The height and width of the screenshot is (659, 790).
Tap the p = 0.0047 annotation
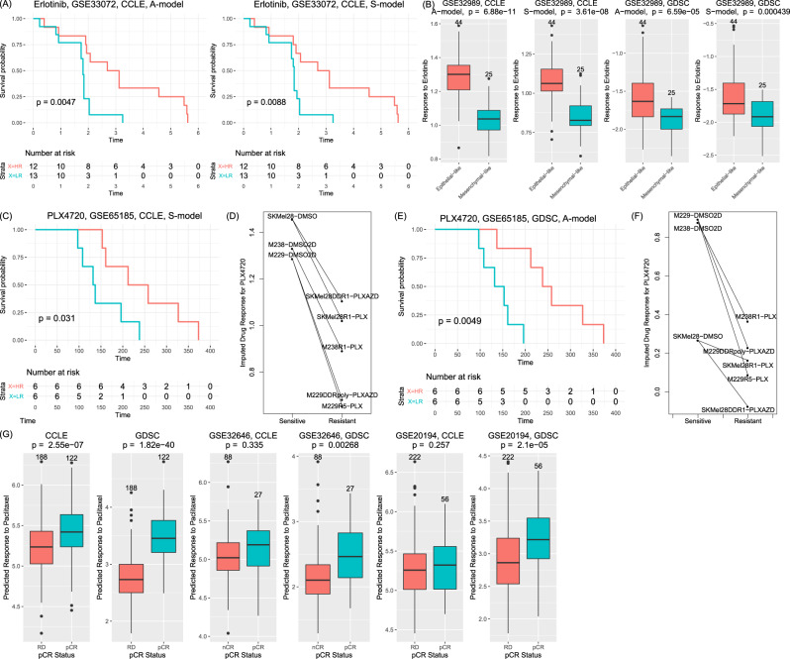click(x=58, y=101)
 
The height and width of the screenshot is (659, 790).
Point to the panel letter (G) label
click(x=10, y=433)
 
